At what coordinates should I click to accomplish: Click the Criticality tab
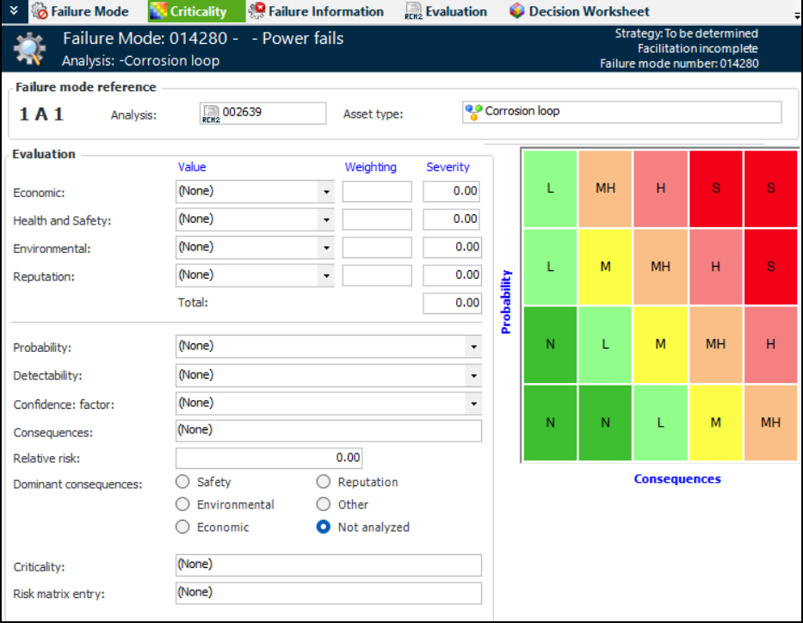pos(188,11)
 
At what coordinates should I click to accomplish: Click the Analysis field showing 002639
pos(263,114)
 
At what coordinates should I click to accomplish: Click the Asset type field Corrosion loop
pos(621,113)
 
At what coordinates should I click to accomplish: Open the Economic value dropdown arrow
pos(326,192)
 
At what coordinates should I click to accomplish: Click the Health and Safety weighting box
pos(377,220)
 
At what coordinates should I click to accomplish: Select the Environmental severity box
pos(452,248)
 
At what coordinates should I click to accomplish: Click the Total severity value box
pos(452,303)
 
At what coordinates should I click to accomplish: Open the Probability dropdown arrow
pos(473,347)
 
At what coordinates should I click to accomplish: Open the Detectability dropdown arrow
pos(473,376)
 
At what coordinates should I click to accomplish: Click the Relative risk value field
pos(269,458)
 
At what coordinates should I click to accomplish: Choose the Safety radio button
pos(182,482)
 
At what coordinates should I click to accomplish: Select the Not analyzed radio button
pos(324,527)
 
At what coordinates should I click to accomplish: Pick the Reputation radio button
pos(324,482)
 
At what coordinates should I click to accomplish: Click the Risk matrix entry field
pos(328,593)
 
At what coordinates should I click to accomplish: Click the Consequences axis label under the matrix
pos(677,479)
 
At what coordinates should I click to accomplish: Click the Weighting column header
pos(371,167)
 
